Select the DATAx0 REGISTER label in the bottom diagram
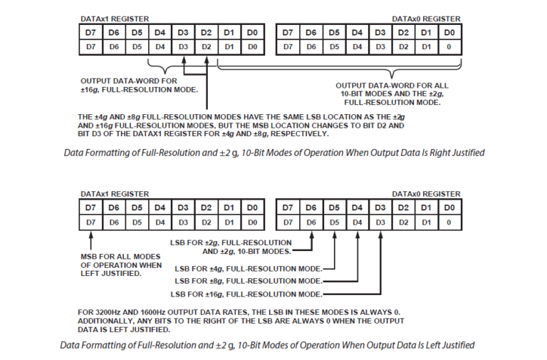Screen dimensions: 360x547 pyautogui.click(x=426, y=194)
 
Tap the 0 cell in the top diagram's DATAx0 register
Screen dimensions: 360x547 pyautogui.click(x=448, y=46)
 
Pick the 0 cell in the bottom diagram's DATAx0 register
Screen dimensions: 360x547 pyautogui.click(x=448, y=222)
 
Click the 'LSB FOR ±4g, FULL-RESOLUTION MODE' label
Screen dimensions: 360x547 pyautogui.click(x=249, y=269)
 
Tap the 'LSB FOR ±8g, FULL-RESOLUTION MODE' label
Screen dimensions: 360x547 pyautogui.click(x=249, y=282)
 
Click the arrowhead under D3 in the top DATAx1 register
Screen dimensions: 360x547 pyautogui.click(x=184, y=59)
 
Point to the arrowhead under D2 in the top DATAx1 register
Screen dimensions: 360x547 pyautogui.click(x=207, y=59)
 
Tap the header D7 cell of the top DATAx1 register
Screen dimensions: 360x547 pyautogui.click(x=90, y=32)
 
